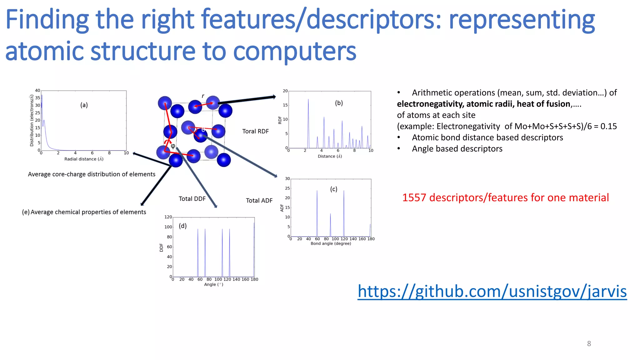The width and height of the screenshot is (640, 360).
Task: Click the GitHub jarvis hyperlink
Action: pos(492,292)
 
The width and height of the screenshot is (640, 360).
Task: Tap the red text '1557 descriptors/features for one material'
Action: pos(505,197)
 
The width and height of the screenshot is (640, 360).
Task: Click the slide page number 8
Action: pos(589,344)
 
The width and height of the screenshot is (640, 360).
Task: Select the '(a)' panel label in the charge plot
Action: pos(84,105)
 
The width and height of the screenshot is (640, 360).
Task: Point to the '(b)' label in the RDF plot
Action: pos(339,103)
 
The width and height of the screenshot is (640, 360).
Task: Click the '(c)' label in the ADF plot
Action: pos(334,189)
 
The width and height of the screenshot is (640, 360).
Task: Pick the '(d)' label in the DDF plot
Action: pos(182,226)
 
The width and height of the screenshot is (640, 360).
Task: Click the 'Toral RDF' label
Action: pos(255,131)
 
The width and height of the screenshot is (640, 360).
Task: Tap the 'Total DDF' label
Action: pos(192,199)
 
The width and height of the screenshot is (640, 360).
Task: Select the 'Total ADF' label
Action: pos(259,201)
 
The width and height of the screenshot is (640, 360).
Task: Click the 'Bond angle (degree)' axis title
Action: pos(331,243)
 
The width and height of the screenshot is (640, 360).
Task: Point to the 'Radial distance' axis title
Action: pos(84,159)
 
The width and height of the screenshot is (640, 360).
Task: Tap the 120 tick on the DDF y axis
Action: pos(168,217)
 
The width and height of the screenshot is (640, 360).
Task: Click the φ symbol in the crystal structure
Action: pos(173,146)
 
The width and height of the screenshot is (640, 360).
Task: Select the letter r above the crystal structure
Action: pos(203,96)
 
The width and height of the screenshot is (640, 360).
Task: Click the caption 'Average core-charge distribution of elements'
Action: pos(92,174)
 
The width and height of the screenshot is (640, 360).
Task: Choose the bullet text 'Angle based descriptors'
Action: pos(457,149)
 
